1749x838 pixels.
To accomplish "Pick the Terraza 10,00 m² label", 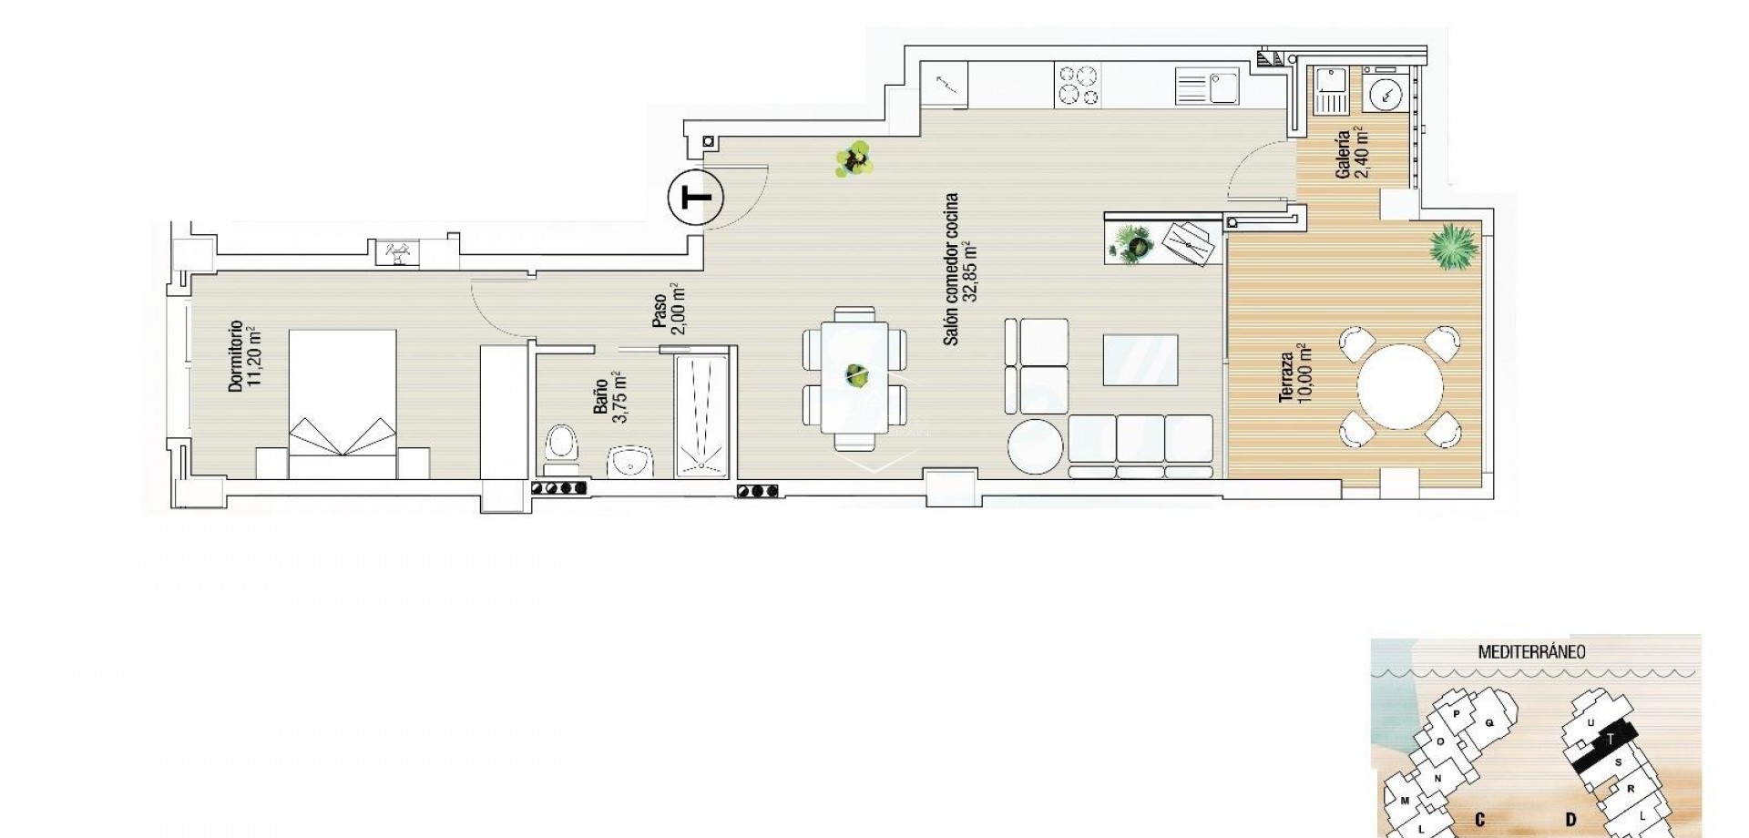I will (x=1294, y=374).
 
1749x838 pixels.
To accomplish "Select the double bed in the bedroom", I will (x=343, y=404).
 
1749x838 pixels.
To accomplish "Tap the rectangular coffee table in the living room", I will (x=1139, y=360).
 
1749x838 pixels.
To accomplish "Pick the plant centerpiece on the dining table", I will (x=855, y=373).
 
